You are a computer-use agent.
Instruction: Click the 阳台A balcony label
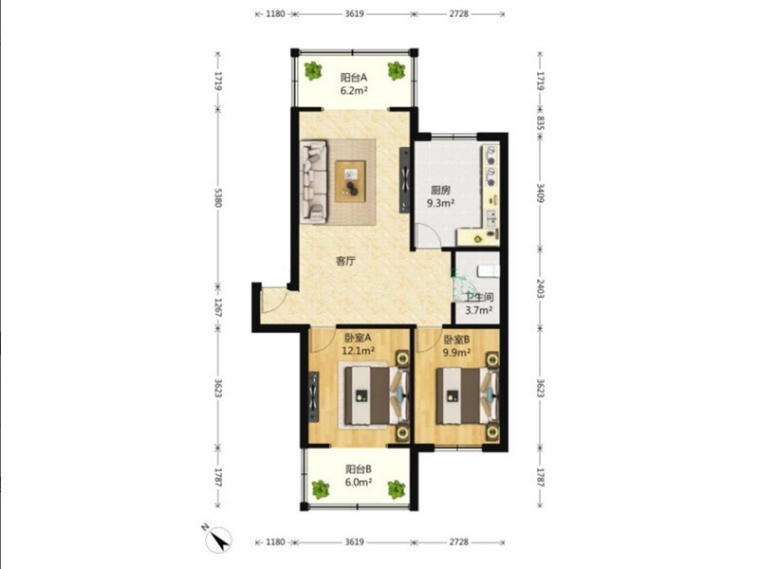pyautogui.click(x=353, y=77)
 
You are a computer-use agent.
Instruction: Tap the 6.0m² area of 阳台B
pyautogui.click(x=359, y=482)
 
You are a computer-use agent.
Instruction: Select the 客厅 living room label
pyautogui.click(x=345, y=262)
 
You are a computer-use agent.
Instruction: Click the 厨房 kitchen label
pyautogui.click(x=440, y=191)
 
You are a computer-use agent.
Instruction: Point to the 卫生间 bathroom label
pyautogui.click(x=479, y=298)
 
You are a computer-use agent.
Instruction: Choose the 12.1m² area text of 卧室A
pyautogui.click(x=359, y=350)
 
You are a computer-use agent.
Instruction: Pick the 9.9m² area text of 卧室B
pyautogui.click(x=457, y=352)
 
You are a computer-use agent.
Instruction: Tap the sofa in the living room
pyautogui.click(x=314, y=181)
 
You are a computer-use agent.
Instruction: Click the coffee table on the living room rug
pyautogui.click(x=350, y=181)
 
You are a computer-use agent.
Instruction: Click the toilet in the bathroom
pyautogui.click(x=488, y=271)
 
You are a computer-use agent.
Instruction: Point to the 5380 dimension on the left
pyautogui.click(x=218, y=197)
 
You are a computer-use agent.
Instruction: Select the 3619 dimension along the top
pyautogui.click(x=354, y=14)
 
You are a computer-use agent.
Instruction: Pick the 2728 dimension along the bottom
pyautogui.click(x=458, y=541)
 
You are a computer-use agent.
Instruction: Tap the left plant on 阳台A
pyautogui.click(x=313, y=70)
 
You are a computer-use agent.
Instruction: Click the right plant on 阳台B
pyautogui.click(x=396, y=489)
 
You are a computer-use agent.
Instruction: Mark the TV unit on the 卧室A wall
pyautogui.click(x=314, y=396)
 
